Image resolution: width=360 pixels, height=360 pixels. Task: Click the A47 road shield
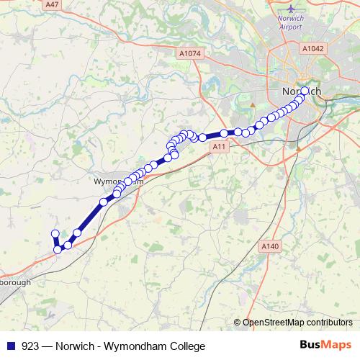click(x=52, y=4)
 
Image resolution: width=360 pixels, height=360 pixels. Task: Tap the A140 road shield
click(x=270, y=246)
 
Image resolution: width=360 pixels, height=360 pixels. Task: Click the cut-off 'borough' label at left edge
click(x=15, y=283)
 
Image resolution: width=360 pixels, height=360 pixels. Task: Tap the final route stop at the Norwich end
click(x=305, y=91)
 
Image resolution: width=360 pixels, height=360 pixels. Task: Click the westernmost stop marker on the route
click(x=54, y=233)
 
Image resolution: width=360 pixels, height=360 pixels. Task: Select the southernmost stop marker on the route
click(x=58, y=250)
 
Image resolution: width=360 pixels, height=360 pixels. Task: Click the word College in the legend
click(x=176, y=346)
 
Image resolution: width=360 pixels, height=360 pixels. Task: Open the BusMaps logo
click(x=325, y=346)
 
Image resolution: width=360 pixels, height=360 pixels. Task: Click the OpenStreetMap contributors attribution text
click(x=296, y=323)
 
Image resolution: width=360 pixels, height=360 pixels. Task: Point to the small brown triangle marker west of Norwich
click(x=253, y=104)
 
